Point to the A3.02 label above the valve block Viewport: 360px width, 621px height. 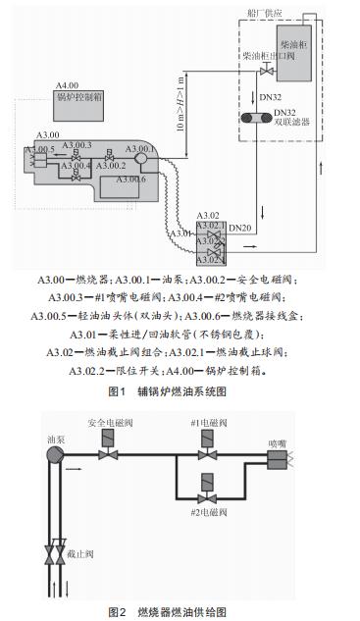tap(207, 215)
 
